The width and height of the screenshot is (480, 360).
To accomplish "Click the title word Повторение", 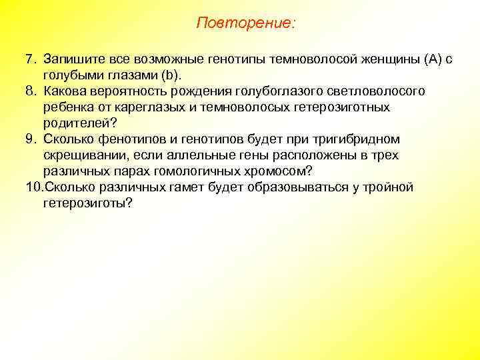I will pos(245,23).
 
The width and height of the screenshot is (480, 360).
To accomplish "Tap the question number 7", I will pos(29,59).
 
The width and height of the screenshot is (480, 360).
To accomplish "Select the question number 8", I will pos(29,91).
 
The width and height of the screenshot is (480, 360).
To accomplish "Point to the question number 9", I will pos(29,139).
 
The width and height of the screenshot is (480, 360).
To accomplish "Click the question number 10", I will pos(33,187).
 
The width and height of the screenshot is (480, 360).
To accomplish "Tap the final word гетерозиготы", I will pos(88,203).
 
